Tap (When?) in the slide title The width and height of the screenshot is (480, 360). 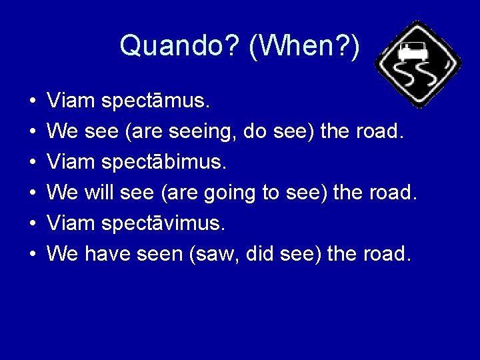[x=305, y=46]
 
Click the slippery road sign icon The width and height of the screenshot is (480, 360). [x=418, y=64]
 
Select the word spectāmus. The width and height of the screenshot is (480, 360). [x=156, y=101]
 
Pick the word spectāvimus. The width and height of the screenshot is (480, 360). [x=163, y=224]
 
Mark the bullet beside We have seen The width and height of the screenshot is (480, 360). [x=32, y=255]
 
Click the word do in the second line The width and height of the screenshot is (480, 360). [x=255, y=132]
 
